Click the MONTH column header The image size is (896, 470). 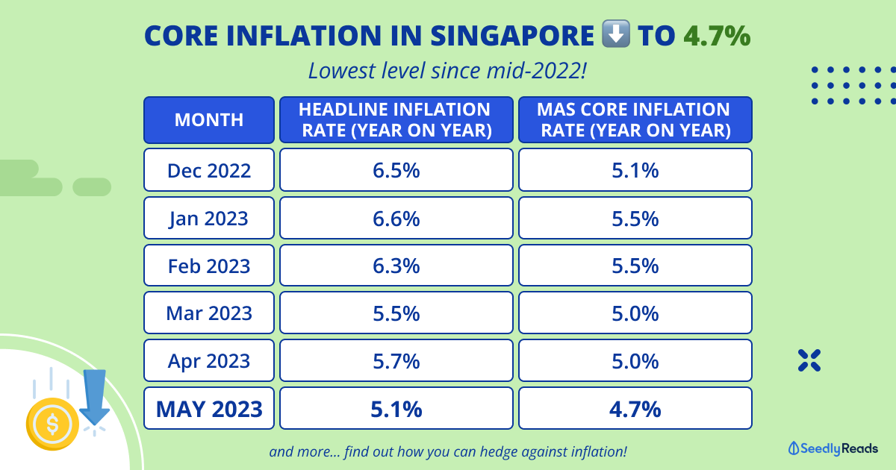click(209, 119)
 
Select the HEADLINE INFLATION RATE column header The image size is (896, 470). click(396, 119)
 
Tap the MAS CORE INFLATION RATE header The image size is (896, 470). click(635, 119)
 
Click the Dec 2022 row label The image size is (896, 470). click(209, 170)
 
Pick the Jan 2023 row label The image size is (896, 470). click(209, 218)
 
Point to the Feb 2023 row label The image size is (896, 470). click(209, 266)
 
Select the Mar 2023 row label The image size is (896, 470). click(209, 313)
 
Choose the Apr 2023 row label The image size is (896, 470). click(209, 361)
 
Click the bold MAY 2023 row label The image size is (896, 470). click(209, 409)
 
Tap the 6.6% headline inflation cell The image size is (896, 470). click(396, 218)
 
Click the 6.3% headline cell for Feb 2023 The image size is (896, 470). click(396, 266)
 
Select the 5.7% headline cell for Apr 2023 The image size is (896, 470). click(396, 361)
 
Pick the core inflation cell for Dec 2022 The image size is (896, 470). click(635, 170)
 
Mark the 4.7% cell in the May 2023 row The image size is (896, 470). click(635, 409)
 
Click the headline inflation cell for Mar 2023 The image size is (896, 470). click(396, 313)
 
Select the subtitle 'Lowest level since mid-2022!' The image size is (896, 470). click(447, 72)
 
